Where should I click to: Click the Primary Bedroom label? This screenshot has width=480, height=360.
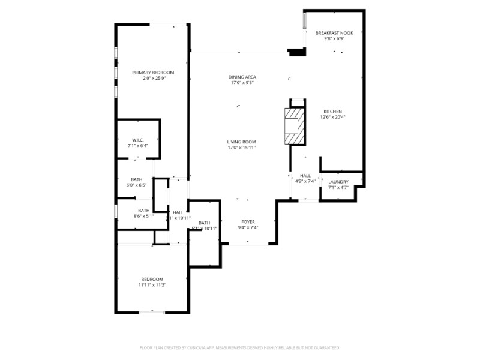pyautogui.click(x=153, y=72)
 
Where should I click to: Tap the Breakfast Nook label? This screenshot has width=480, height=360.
pyautogui.click(x=334, y=33)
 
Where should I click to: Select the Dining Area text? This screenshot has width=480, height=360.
pyautogui.click(x=242, y=77)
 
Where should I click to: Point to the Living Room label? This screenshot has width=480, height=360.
pyautogui.click(x=242, y=142)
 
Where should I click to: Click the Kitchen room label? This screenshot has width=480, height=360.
pyautogui.click(x=332, y=112)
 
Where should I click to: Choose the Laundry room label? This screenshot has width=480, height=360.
pyautogui.click(x=338, y=182)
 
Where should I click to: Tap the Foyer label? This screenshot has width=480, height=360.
pyautogui.click(x=248, y=221)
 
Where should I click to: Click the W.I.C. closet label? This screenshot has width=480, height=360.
pyautogui.click(x=137, y=140)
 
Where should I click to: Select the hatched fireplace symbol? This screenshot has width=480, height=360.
pyautogui.click(x=294, y=126)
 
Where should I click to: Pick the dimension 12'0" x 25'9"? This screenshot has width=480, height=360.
pyautogui.click(x=153, y=78)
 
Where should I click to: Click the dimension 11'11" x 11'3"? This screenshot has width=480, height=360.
pyautogui.click(x=153, y=285)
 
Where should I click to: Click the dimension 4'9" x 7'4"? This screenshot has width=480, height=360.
pyautogui.click(x=305, y=181)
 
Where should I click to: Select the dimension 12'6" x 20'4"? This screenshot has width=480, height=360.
pyautogui.click(x=332, y=118)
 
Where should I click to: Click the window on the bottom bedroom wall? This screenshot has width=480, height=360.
pyautogui.click(x=152, y=312)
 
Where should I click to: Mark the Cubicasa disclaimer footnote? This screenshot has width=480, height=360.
pyautogui.click(x=240, y=347)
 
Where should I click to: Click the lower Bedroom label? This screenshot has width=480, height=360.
pyautogui.click(x=152, y=279)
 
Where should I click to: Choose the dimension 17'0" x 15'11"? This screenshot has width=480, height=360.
pyautogui.click(x=242, y=148)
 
